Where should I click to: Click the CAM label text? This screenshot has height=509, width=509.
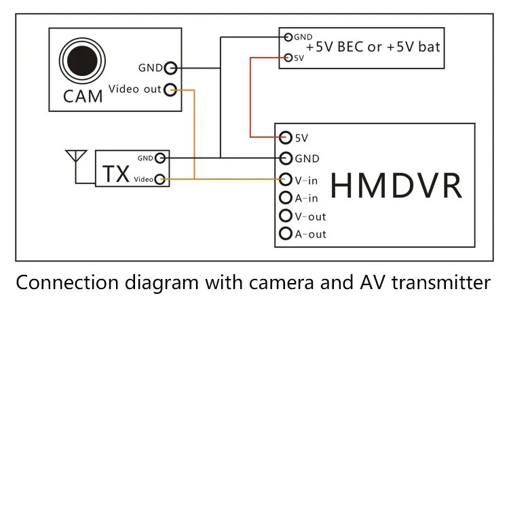coord(83,96)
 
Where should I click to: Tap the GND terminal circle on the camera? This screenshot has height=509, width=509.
coord(170,68)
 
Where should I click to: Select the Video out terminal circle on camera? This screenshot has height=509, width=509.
coord(170,90)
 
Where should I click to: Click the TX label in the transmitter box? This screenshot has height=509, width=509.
coord(116,174)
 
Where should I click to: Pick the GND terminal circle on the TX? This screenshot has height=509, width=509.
coord(160,158)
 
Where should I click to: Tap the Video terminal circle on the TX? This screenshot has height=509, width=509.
coord(160,179)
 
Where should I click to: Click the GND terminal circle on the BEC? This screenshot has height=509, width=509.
coord(289,37)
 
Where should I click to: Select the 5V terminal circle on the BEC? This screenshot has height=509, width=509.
coord(289,58)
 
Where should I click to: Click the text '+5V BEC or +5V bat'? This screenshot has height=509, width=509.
coord(373,48)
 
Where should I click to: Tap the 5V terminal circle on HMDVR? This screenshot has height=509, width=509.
coord(286,137)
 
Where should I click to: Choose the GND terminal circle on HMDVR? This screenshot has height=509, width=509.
coord(286,158)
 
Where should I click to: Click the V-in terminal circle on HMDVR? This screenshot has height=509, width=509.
coord(286,180)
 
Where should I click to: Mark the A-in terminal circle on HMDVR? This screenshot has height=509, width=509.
coord(286,198)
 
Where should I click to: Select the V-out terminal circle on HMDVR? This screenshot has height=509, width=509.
coord(286,216)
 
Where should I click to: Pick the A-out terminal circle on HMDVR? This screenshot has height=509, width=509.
coord(286,234)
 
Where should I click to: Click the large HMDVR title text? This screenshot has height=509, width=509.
coord(397,185)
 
